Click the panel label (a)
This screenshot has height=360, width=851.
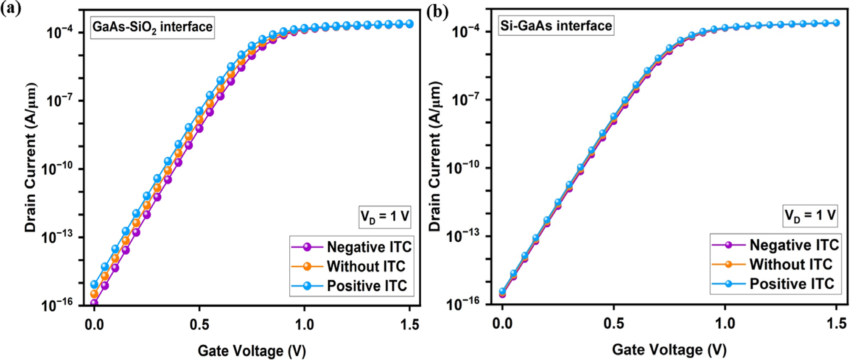10,8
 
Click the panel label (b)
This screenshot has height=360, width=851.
437,11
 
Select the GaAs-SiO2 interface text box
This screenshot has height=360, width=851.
152,27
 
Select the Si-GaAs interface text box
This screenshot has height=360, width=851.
556,26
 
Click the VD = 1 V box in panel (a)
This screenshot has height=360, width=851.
384,217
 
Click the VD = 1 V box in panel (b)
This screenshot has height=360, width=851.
810,215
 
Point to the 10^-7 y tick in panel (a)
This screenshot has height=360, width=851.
59,101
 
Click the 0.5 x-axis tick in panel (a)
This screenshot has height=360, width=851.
199,325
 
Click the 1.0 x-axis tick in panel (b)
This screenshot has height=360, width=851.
725,324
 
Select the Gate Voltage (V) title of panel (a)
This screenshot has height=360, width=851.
252,351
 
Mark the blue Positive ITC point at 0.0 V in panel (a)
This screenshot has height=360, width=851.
94,284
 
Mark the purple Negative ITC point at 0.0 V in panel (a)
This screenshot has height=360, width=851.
94,303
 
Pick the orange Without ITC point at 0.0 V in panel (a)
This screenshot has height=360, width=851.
94,294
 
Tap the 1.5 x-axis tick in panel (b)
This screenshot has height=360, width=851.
836,324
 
